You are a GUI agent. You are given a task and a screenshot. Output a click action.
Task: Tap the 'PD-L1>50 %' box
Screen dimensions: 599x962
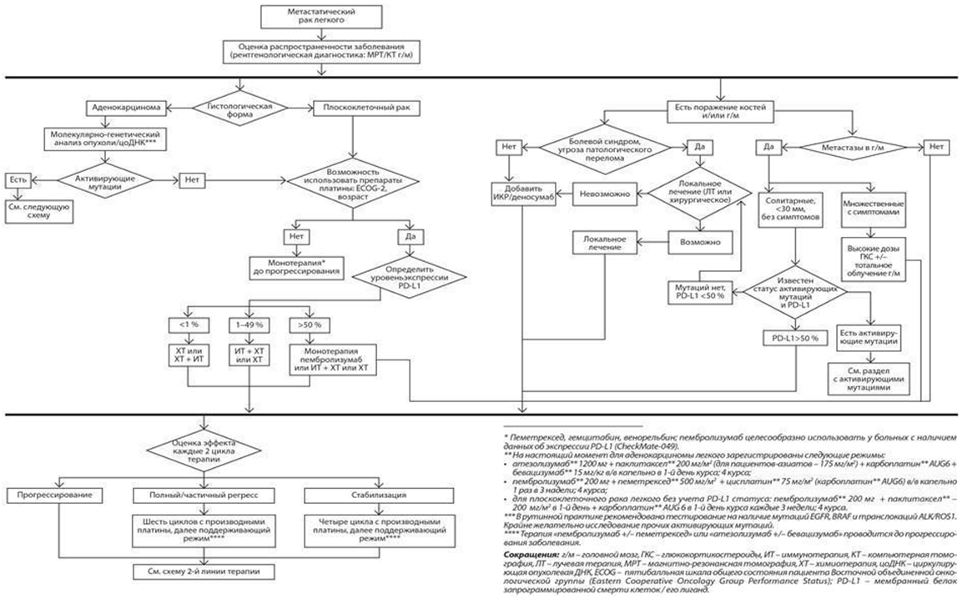797,339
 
